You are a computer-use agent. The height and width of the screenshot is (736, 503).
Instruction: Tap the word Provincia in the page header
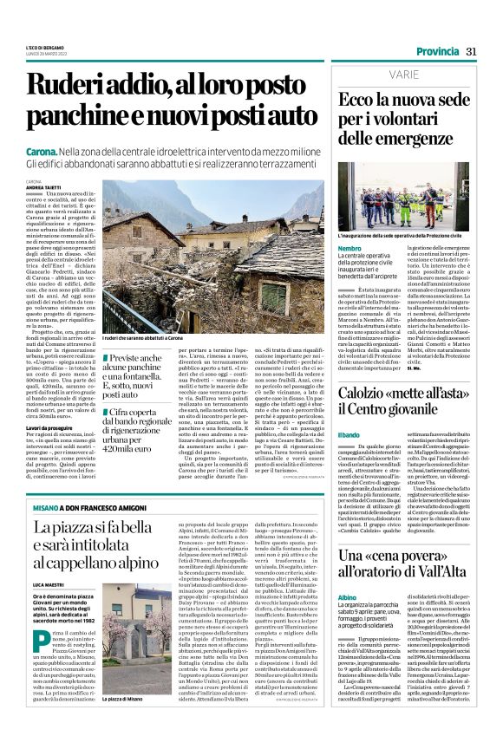click(x=439, y=51)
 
